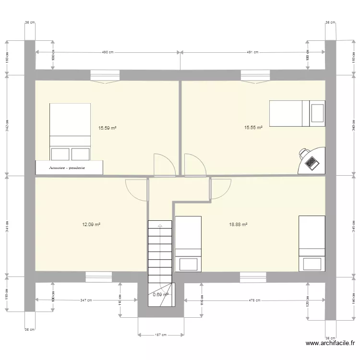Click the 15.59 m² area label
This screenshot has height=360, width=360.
tap(108, 128)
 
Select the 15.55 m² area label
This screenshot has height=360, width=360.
tap(253, 128)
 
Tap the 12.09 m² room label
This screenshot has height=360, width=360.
tap(91, 224)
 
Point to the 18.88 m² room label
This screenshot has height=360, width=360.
tap(238, 224)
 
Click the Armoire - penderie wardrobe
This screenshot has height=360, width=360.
tap(70, 168)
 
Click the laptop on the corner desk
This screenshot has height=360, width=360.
tap(311, 163)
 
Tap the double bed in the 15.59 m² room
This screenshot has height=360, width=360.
tap(70, 132)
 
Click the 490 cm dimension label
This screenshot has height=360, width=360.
tap(108, 52)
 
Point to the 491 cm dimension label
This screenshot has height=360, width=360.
tap(253, 52)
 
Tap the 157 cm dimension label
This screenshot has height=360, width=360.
tap(160, 335)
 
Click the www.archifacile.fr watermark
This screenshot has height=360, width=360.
tap(330, 343)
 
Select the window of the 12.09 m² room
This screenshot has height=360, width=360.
tap(99, 276)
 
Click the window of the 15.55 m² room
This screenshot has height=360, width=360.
tap(255, 75)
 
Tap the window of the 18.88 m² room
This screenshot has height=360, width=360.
tap(253, 276)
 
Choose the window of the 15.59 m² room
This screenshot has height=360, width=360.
tap(105, 75)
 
